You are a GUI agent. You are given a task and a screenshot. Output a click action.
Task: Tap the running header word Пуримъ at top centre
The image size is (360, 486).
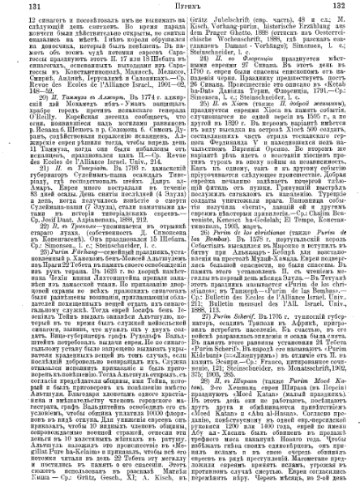(180, 6)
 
